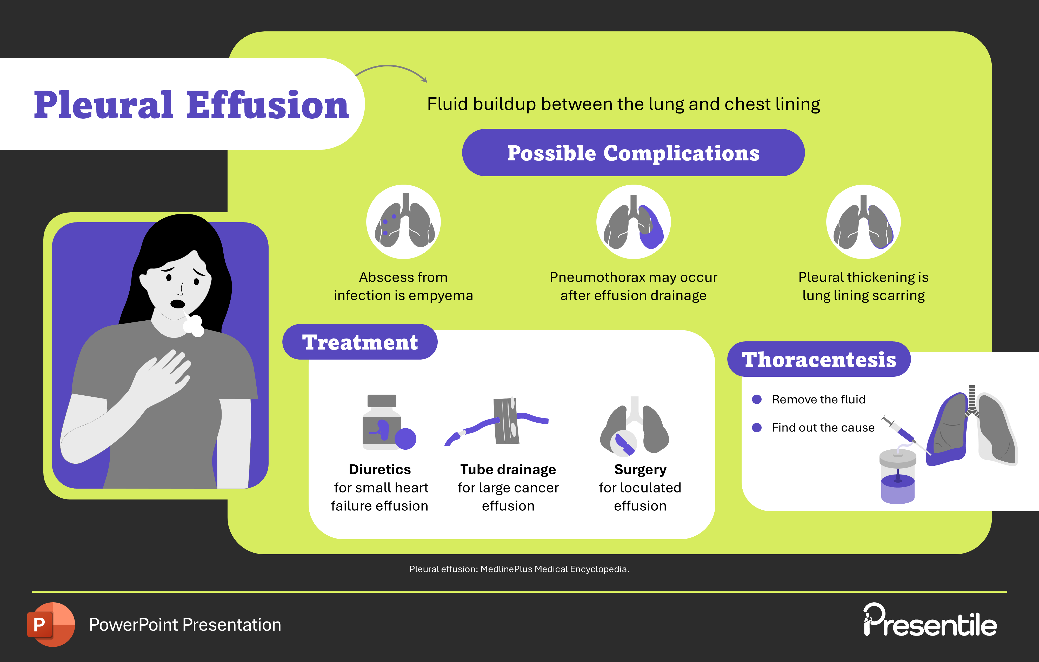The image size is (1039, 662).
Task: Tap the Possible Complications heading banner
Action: point(633,153)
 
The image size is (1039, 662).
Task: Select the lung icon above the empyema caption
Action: point(403,222)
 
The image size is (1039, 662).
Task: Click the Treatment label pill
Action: point(359,342)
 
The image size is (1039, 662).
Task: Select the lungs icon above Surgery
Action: point(634,427)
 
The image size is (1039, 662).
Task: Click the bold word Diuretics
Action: point(380,469)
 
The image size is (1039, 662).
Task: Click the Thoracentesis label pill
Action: point(818,359)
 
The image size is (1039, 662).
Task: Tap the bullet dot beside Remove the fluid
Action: point(756,399)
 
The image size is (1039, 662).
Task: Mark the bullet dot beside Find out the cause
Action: point(756,427)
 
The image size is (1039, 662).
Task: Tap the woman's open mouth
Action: point(177,304)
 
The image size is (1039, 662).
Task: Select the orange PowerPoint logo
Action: point(51,624)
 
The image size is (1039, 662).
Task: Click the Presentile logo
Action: point(930,621)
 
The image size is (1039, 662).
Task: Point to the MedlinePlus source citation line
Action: point(519,569)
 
